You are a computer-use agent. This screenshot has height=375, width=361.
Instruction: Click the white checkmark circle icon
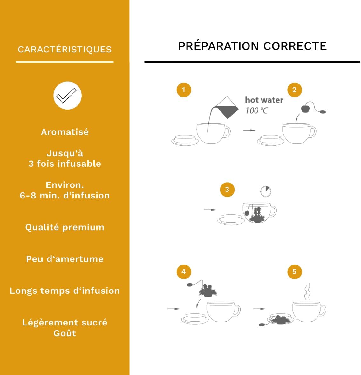[x=67, y=96]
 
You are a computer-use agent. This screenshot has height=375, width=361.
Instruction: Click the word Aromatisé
[x=65, y=132]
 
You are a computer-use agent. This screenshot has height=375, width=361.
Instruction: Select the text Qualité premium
[x=65, y=227]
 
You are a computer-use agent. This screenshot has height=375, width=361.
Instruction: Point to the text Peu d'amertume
[x=65, y=259]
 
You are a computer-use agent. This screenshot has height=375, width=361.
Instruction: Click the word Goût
[x=65, y=333]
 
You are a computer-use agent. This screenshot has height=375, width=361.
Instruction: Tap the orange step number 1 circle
[x=184, y=90]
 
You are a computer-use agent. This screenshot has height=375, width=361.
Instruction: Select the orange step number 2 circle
[x=295, y=90]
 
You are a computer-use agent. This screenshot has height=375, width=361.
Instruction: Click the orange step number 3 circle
[x=227, y=190]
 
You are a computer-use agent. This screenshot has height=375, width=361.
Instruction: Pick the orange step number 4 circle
[x=184, y=272]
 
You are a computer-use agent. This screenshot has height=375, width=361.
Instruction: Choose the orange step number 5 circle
[x=295, y=272]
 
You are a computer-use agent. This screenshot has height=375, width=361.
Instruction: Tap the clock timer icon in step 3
[x=266, y=191]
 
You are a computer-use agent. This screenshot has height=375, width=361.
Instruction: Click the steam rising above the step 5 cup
[x=307, y=291]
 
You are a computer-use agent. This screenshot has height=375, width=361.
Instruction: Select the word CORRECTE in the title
[x=295, y=46]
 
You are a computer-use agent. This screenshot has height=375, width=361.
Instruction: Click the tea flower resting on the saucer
[x=281, y=319]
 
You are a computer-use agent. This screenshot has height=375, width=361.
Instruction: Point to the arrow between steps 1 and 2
[x=249, y=130]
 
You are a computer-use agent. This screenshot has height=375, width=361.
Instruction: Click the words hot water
[x=264, y=100]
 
